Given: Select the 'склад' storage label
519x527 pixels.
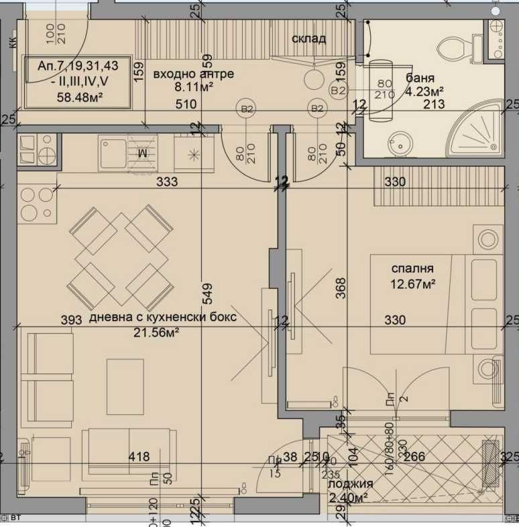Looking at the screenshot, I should pos(309,38).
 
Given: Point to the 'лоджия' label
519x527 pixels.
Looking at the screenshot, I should pos(351,483).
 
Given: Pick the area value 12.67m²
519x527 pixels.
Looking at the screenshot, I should pos(412,284).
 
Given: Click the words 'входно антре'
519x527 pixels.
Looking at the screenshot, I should pos(194,74).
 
